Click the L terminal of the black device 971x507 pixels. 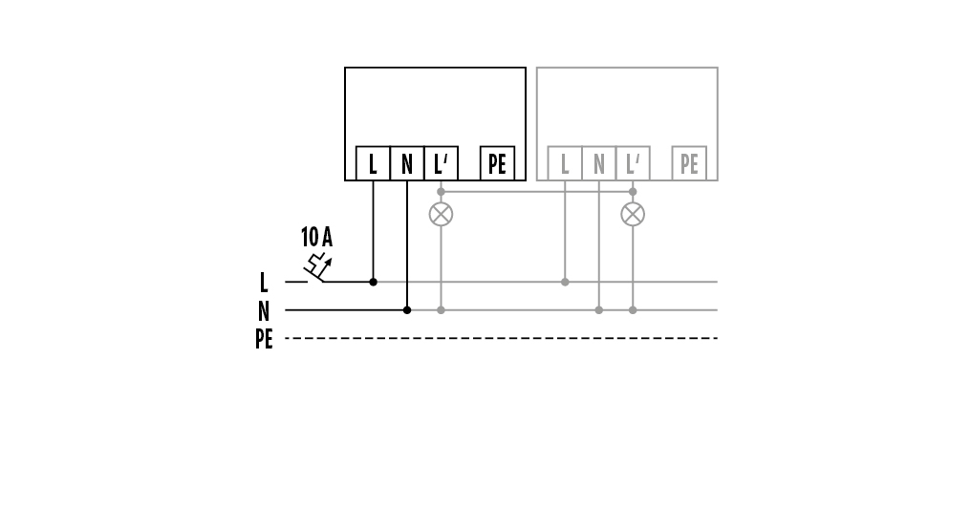pyautogui.click(x=373, y=164)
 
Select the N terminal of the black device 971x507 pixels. pyautogui.click(x=407, y=164)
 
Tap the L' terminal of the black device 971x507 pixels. pyautogui.click(x=441, y=164)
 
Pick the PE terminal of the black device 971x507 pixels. pyautogui.click(x=497, y=164)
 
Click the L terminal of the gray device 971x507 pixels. pyautogui.click(x=565, y=164)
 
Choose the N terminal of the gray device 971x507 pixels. pyautogui.click(x=599, y=164)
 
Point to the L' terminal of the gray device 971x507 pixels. pyautogui.click(x=633, y=164)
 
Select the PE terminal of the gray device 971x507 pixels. pyautogui.click(x=689, y=164)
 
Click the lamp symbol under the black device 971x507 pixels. pyautogui.click(x=441, y=213)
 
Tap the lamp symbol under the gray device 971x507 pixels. pyautogui.click(x=633, y=213)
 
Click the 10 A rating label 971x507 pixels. pyautogui.click(x=316, y=237)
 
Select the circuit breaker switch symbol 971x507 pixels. pyautogui.click(x=318, y=269)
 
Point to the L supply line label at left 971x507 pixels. pyautogui.click(x=264, y=283)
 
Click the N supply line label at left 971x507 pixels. pyautogui.click(x=264, y=310)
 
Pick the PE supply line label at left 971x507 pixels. pyautogui.click(x=264, y=339)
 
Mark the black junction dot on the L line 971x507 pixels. pyautogui.click(x=373, y=282)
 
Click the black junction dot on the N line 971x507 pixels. pyautogui.click(x=407, y=309)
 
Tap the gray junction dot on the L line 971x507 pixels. pyautogui.click(x=565, y=282)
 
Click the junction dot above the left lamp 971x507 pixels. pyautogui.click(x=441, y=192)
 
